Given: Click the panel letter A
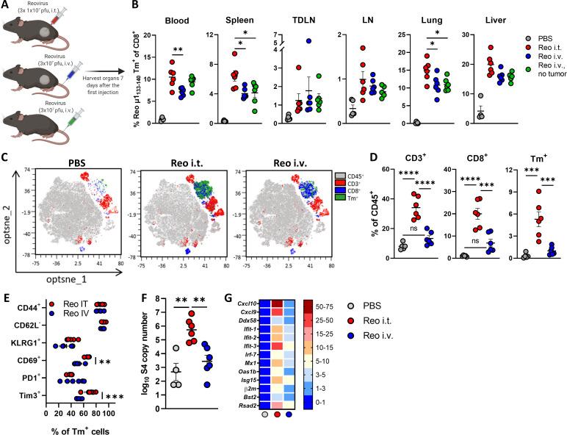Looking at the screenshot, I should coord(7,7).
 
